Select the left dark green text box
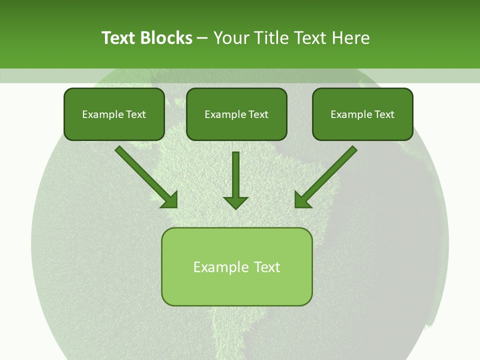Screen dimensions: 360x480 [114, 114]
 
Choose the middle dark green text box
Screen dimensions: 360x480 [236, 114]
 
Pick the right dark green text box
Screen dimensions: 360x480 [362, 114]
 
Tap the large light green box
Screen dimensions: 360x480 [236, 266]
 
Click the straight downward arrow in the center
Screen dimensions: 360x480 [235, 177]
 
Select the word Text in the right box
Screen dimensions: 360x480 [384, 114]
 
